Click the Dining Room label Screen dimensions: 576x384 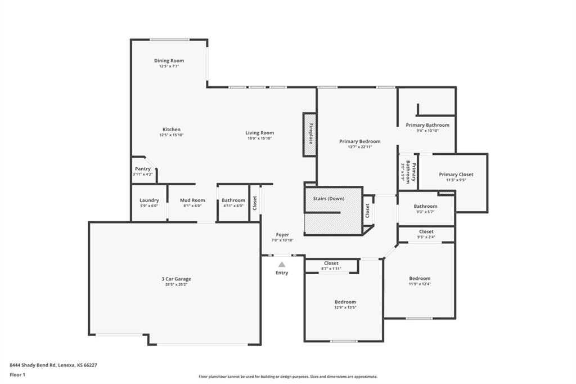(x=169, y=61)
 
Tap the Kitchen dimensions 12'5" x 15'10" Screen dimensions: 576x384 (x=172, y=135)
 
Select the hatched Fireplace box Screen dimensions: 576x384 (x=310, y=135)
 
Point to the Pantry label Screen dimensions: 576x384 (x=142, y=169)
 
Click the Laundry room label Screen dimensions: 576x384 (x=149, y=200)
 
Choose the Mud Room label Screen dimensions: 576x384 (x=192, y=200)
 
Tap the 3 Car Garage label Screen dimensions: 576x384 (x=176, y=279)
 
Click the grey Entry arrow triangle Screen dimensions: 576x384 (x=282, y=265)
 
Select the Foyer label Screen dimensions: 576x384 (x=282, y=235)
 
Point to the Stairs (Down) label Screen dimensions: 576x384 (x=328, y=199)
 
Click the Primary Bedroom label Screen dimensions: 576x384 (x=360, y=141)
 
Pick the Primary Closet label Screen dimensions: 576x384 (x=456, y=175)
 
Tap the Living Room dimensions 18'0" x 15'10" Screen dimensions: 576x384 (x=260, y=139)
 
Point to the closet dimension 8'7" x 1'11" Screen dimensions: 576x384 (x=331, y=269)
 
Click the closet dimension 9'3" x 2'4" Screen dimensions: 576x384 (x=426, y=237)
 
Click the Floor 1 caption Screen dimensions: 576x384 (x=17, y=375)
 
